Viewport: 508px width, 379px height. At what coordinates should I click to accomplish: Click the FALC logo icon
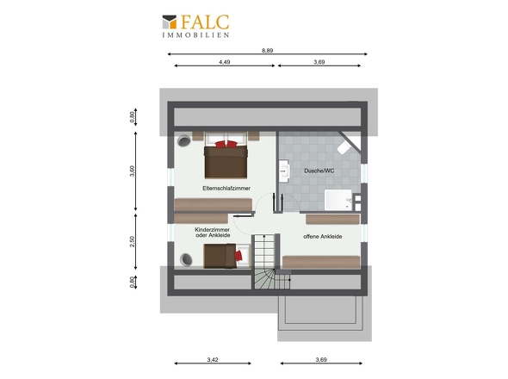[x=170, y=22]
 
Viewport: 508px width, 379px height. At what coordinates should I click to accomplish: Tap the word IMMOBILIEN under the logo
[x=195, y=35]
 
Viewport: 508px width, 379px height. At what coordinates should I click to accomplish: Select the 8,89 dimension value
[x=267, y=50]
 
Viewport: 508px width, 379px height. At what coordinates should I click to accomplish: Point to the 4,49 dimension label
[x=224, y=62]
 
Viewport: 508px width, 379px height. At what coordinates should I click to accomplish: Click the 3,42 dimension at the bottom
[x=213, y=359]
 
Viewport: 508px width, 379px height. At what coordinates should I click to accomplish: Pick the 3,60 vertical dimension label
[x=132, y=171]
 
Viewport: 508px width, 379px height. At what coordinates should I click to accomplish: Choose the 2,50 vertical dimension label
[x=132, y=241]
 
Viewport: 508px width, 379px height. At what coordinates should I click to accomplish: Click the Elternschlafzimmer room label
[x=226, y=188]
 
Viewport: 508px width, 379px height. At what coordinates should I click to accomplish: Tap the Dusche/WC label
[x=319, y=171]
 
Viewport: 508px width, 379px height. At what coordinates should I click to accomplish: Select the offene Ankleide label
[x=323, y=236]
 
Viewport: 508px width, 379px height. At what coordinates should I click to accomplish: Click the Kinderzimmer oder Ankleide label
[x=213, y=232]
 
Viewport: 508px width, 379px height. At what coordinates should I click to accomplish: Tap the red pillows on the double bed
[x=226, y=144]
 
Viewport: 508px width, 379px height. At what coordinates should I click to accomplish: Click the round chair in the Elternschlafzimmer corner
[x=183, y=141]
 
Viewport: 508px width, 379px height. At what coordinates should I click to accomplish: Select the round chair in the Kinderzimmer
[x=186, y=259]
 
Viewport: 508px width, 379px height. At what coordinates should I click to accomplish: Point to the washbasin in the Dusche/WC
[x=284, y=170]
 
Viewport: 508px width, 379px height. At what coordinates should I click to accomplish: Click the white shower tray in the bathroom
[x=338, y=200]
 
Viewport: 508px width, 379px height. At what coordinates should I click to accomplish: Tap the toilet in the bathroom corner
[x=344, y=148]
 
